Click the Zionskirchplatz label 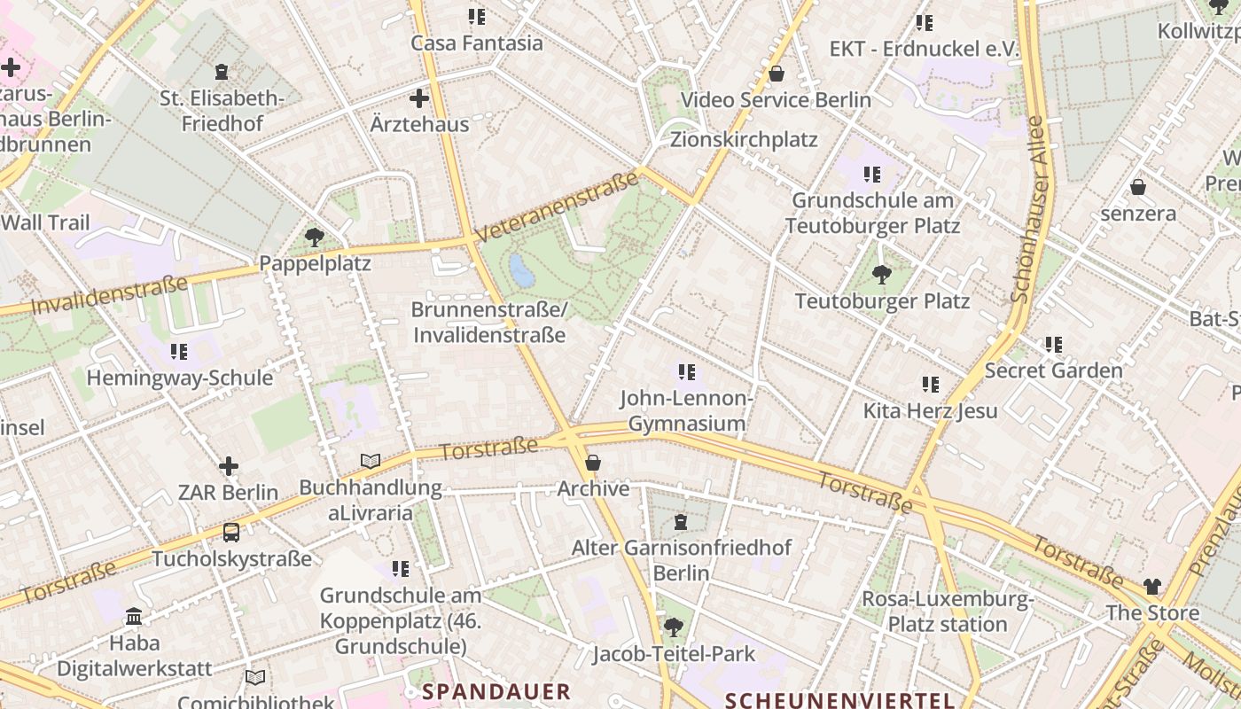coord(744,140)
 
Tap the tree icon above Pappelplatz coord(314,238)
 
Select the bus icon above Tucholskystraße coord(230,533)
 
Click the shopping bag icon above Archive coord(593,463)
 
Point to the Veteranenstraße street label coord(558,206)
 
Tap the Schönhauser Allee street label coord(1031,209)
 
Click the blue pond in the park coord(522,270)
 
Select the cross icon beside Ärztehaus coord(419,98)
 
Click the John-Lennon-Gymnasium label coord(687,410)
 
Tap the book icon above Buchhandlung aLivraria coord(371,461)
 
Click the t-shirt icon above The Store coord(1151,586)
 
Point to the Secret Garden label coord(1054,370)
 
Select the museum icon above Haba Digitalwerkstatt coord(135,616)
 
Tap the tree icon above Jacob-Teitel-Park coord(674,627)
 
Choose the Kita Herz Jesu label coord(931,410)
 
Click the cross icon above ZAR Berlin coord(229,466)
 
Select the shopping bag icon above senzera coord(1138,187)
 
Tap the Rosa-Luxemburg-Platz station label coord(948,612)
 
